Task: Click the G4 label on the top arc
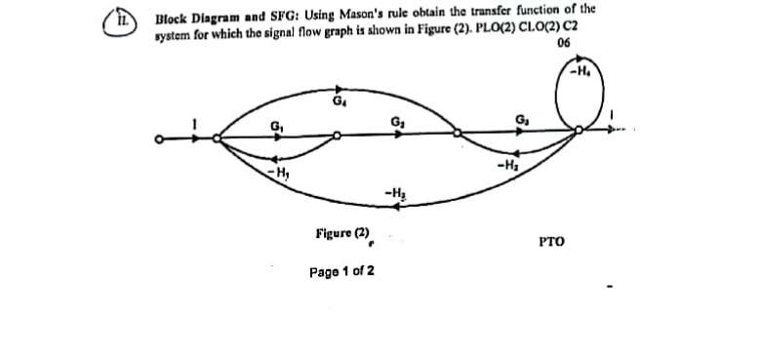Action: pos(339,100)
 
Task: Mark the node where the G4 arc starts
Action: pos(217,139)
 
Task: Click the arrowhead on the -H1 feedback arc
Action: pos(276,160)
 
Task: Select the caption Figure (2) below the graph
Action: pos(342,233)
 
